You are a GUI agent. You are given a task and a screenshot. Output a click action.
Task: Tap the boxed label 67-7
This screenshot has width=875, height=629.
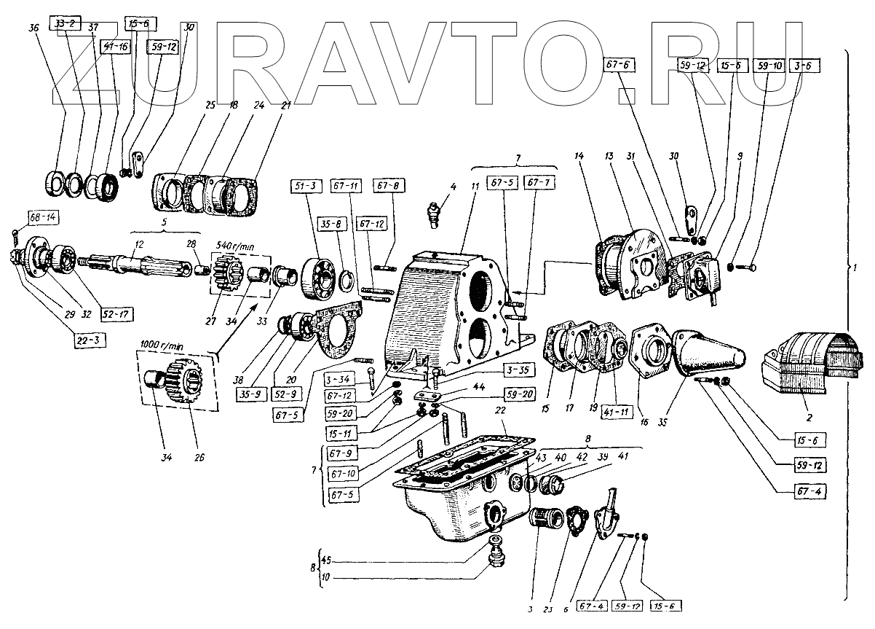click(x=534, y=181)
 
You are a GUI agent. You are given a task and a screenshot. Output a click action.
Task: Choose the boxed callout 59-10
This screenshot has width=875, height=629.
click(x=771, y=66)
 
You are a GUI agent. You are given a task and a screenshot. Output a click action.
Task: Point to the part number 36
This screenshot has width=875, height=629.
click(x=33, y=27)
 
